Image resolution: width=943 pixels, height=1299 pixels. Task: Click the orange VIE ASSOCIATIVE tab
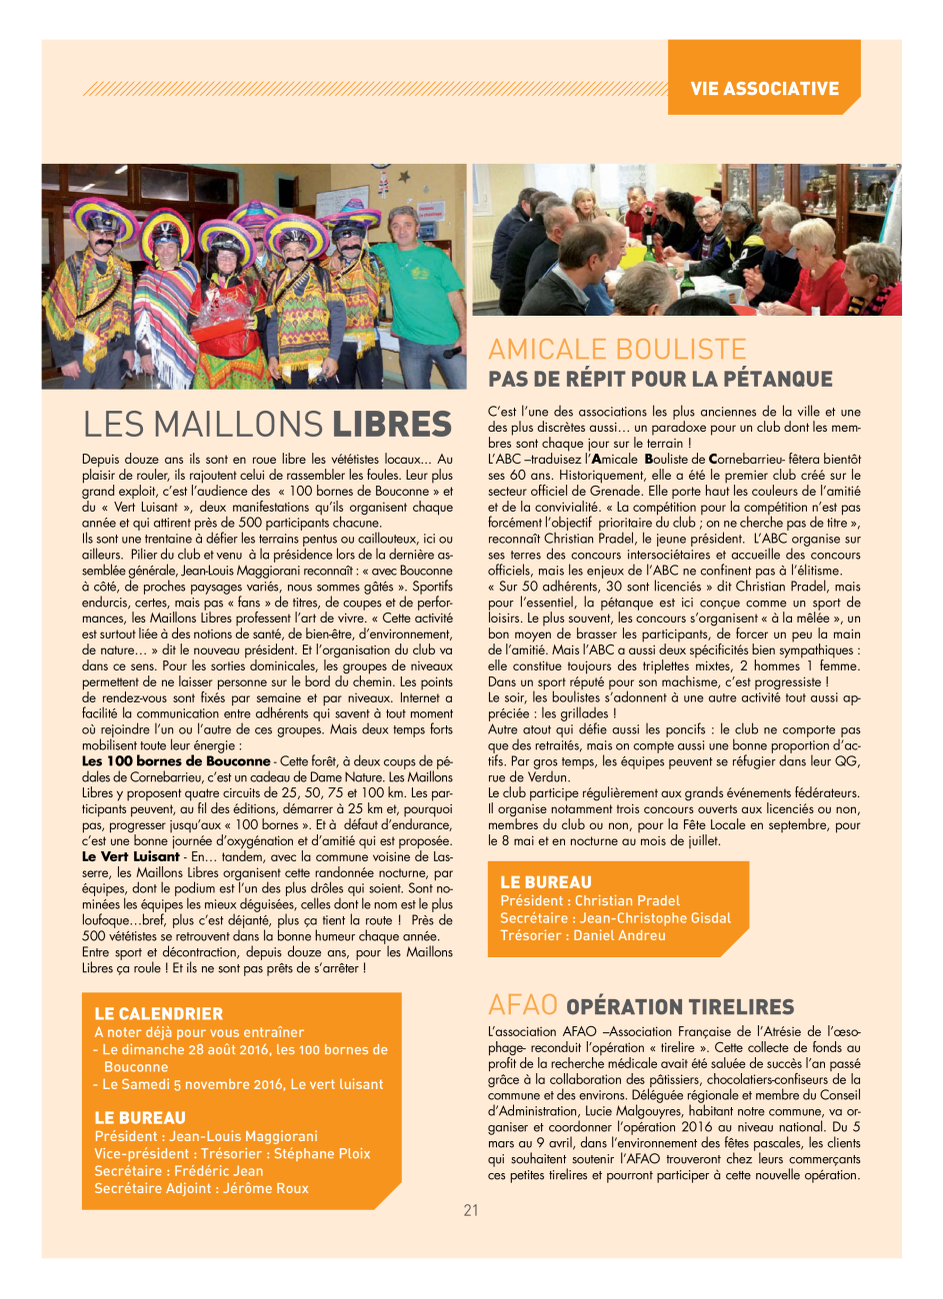coord(764,88)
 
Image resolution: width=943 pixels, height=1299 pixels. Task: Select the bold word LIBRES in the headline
coord(392,425)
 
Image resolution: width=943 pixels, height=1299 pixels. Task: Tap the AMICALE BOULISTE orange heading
coord(617,349)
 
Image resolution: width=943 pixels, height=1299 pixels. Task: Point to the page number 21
coord(471,1210)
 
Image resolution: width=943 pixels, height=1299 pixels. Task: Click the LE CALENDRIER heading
coord(158,1013)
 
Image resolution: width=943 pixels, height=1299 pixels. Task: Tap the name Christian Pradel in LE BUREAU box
coord(627,900)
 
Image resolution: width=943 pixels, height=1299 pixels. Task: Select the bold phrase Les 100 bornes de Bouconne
coord(176,761)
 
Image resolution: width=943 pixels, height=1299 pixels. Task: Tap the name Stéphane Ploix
coord(322,1153)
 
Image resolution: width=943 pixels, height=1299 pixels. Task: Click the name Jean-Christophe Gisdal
coord(655,917)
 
